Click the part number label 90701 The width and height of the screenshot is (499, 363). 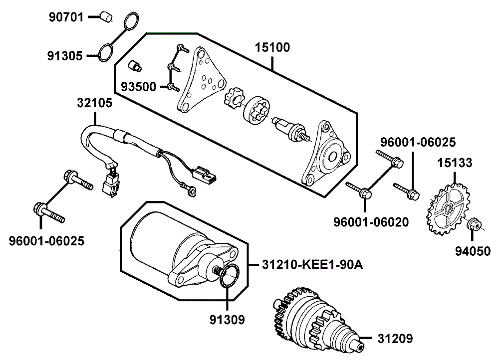(66, 17)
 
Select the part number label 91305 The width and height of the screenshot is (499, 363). (65, 56)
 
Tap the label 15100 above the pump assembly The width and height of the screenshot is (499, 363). (272, 47)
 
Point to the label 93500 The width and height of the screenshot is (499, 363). (139, 86)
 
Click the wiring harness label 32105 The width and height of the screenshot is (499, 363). (94, 103)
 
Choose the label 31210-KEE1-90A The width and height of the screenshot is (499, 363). (312, 264)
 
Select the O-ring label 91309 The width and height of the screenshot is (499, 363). (227, 320)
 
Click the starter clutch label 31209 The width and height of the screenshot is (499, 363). (395, 339)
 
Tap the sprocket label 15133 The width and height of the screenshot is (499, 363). (455, 163)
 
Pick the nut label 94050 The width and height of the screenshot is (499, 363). (473, 251)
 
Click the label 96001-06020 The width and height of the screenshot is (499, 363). (371, 222)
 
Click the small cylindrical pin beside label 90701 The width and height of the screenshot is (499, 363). (106, 16)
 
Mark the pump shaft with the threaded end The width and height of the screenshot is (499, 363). (292, 129)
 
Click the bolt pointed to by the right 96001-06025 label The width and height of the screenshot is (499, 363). (406, 190)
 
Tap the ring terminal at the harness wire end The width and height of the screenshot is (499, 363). (192, 190)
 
